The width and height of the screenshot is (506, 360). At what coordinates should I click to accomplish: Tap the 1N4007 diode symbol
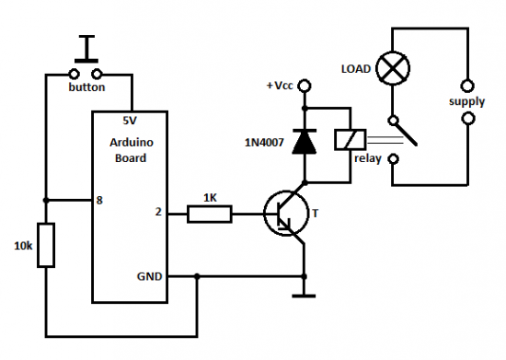pyautogui.click(x=303, y=139)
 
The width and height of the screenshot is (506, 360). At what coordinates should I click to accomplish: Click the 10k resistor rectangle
pyautogui.click(x=46, y=245)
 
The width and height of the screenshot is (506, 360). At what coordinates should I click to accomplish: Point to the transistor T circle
pyautogui.click(x=284, y=215)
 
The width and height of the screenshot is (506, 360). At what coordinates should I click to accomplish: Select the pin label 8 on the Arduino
pyautogui.click(x=98, y=200)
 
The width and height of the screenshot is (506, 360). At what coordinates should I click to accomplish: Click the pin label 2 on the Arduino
pyautogui.click(x=158, y=214)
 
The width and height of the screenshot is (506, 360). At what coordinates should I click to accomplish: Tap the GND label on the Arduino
pyautogui.click(x=151, y=275)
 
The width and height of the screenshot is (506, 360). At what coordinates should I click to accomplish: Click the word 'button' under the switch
pyautogui.click(x=88, y=87)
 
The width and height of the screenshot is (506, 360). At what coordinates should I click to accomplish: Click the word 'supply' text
pyautogui.click(x=466, y=100)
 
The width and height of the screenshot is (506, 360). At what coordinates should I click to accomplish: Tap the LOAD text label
pyautogui.click(x=357, y=70)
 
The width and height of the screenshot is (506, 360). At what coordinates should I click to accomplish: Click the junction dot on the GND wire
pyautogui.click(x=197, y=275)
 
